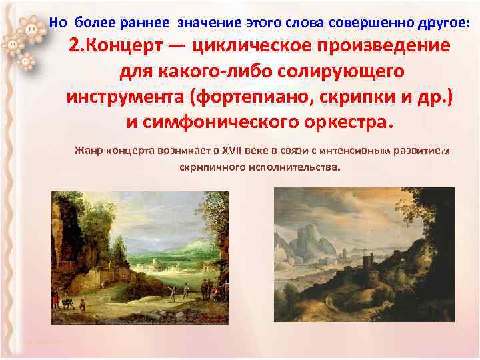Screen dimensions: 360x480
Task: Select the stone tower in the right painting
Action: (366, 264)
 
